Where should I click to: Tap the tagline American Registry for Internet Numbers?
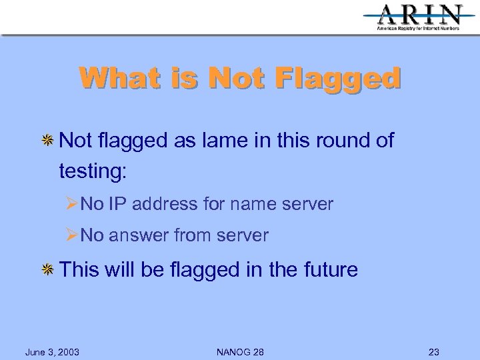coord(418,29)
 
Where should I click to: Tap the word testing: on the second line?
coord(93,171)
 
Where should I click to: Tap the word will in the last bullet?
coord(120,270)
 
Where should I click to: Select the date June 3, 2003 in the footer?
coord(52,352)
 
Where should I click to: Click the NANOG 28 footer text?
coord(240,352)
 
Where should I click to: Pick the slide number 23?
coord(434,352)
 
